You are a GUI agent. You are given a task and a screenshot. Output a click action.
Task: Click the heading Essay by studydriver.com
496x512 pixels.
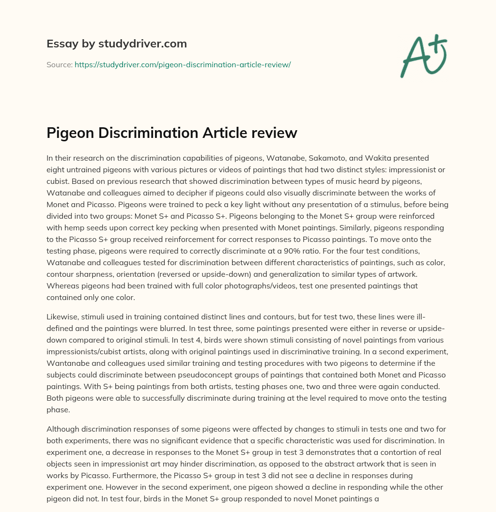116,44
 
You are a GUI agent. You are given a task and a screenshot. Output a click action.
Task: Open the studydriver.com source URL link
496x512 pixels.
183,64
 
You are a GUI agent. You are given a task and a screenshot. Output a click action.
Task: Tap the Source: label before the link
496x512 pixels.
59,64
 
